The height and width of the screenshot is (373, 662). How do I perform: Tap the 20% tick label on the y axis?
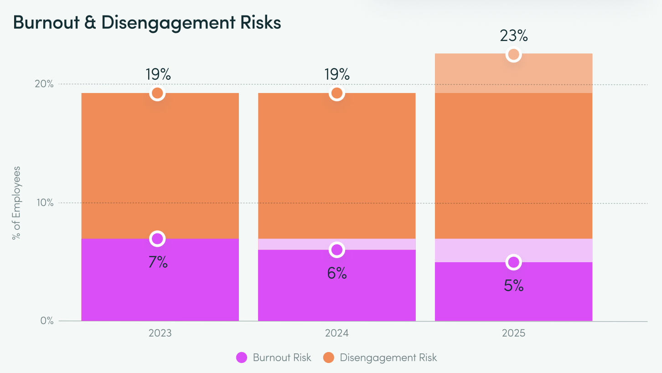tap(45, 84)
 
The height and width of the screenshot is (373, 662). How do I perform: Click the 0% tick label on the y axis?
tap(47, 321)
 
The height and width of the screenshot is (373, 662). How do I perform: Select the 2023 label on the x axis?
tap(160, 333)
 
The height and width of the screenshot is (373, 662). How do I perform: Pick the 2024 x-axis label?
tap(337, 333)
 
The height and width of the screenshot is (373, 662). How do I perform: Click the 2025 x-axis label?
tap(513, 333)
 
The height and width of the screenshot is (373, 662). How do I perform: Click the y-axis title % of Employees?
tap(17, 203)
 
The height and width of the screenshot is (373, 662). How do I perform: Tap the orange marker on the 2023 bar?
tap(157, 93)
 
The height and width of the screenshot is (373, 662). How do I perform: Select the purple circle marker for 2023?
tap(157, 238)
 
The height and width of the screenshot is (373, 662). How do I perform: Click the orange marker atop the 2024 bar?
tap(337, 93)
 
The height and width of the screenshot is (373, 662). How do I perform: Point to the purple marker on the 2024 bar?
tap(337, 250)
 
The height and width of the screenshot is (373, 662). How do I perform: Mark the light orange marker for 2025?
tap(514, 54)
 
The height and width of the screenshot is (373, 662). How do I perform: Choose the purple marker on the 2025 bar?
tap(514, 262)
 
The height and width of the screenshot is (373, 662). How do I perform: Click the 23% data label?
tap(514, 36)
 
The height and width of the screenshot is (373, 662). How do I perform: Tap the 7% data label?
tap(158, 262)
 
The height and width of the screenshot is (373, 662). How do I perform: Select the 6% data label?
tap(337, 274)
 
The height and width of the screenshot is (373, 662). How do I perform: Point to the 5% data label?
tap(514, 286)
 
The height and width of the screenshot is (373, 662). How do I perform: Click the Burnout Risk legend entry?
tap(274, 357)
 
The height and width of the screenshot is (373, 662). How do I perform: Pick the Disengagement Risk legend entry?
tap(380, 357)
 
